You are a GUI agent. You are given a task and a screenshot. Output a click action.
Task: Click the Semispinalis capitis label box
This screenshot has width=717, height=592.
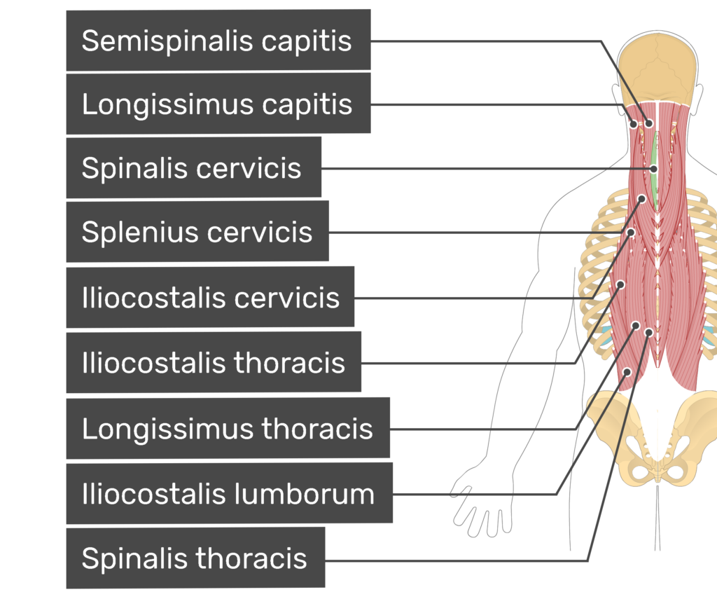click(218, 40)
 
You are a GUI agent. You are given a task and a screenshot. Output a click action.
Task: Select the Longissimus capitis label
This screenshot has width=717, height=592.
click(218, 104)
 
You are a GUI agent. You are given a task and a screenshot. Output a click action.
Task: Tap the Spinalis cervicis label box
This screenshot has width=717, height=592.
click(193, 167)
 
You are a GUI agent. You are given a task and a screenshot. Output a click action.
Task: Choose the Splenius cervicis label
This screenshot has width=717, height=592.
click(197, 231)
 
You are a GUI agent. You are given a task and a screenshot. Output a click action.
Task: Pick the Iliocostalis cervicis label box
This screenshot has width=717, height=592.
click(210, 297)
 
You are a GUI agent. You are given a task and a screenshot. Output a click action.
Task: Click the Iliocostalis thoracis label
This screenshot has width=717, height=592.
click(214, 362)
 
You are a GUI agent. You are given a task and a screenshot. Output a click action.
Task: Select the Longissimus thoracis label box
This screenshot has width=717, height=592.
click(228, 428)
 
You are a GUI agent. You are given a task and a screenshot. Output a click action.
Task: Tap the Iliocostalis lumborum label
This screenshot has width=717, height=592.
click(229, 494)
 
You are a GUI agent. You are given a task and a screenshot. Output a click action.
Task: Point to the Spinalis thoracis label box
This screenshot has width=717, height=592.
click(195, 558)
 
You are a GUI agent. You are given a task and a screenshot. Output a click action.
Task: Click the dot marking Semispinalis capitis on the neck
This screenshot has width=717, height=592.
click(649, 123)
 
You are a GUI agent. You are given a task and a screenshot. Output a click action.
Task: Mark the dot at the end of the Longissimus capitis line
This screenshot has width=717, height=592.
click(633, 124)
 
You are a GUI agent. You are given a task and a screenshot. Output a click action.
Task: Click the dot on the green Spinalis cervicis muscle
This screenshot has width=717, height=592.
click(654, 169)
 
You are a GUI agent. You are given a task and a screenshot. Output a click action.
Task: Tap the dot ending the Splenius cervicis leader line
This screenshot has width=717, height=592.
click(631, 233)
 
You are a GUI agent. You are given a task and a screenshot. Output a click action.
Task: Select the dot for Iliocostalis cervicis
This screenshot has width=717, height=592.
click(642, 199)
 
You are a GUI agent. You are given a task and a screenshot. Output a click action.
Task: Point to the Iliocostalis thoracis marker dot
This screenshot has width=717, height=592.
click(620, 284)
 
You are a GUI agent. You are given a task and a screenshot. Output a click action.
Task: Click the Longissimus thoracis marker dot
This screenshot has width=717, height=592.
click(636, 326)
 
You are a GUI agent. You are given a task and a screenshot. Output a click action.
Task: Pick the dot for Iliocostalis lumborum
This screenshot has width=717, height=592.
click(627, 372)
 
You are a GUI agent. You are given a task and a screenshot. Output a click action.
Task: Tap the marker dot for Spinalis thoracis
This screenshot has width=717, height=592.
click(648, 332)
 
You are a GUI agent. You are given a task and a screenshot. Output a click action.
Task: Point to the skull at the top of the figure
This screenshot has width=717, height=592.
click(657, 69)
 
